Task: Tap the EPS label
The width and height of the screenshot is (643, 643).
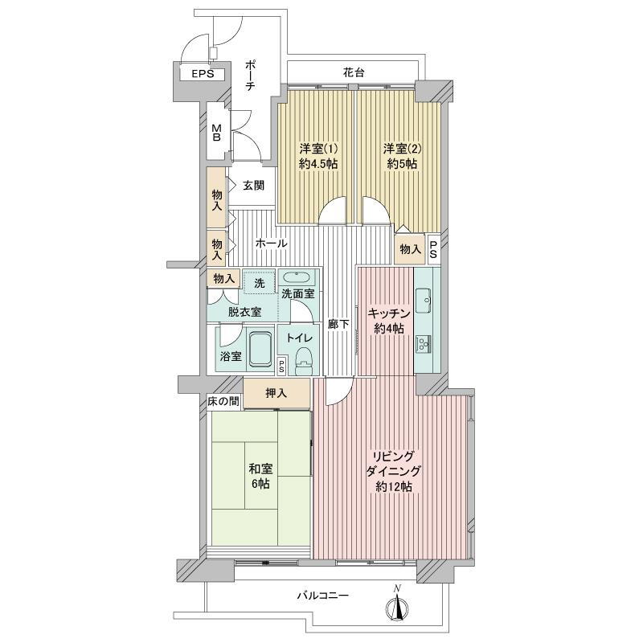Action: pos(203,74)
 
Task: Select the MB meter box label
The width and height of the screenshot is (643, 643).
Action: pos(216,133)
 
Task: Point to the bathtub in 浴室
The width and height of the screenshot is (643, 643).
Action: pos(260,349)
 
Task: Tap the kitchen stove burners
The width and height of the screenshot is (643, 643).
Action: pos(423,344)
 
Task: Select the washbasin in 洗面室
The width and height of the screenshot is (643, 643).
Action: pos(297,277)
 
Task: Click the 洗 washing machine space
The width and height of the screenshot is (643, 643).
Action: pos(259,282)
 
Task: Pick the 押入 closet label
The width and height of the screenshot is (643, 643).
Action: pos(276,393)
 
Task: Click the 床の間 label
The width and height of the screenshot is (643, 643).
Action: pos(223,401)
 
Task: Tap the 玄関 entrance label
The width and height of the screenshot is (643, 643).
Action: pos(253,186)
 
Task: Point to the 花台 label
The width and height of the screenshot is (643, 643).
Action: pos(354,73)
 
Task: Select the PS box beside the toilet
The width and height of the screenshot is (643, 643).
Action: pos(282,367)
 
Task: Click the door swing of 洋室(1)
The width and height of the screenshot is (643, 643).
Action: pos(334,211)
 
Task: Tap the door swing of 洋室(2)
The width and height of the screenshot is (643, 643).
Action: pos(375,211)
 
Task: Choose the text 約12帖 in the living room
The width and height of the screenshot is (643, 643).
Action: pos(394,487)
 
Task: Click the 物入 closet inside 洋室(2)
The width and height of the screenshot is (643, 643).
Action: pos(410,248)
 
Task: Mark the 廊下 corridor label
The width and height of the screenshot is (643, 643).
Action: pos(338,325)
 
